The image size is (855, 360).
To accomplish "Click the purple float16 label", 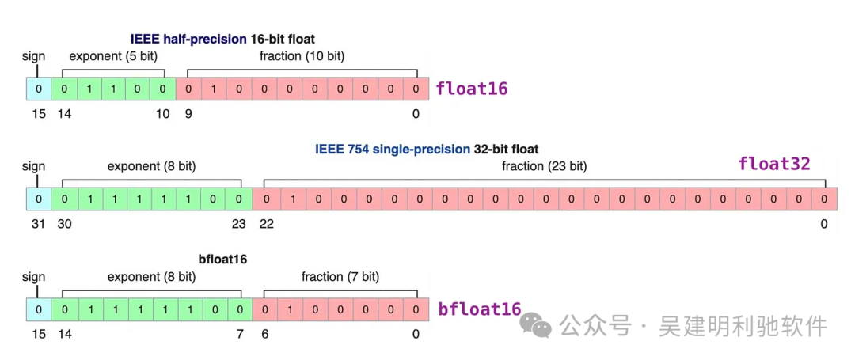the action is [x=472, y=89].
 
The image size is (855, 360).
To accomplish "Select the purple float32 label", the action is [x=774, y=164].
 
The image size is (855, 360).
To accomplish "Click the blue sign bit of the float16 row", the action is [x=38, y=89].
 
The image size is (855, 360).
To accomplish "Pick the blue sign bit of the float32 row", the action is [x=38, y=199].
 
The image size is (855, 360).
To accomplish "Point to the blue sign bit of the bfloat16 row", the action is [x=38, y=309].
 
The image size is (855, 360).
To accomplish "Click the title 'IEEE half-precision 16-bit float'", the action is [x=222, y=40].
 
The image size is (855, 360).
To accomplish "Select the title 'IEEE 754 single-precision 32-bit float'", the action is [x=427, y=149].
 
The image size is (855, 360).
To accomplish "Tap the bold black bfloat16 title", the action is [x=222, y=260].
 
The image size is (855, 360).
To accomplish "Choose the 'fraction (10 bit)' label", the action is [x=302, y=56].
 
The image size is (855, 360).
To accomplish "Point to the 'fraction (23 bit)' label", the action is [x=544, y=167].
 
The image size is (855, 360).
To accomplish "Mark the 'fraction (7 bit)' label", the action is [x=340, y=277].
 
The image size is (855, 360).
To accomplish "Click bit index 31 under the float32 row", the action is [x=38, y=224].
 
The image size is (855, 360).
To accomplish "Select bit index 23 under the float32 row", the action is [x=239, y=224].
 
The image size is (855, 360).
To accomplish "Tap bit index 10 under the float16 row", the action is [x=162, y=113].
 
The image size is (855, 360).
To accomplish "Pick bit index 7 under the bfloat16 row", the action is [x=240, y=335].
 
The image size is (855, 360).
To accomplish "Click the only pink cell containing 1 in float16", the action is [x=214, y=89].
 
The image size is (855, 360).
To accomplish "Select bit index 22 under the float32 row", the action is [x=267, y=224].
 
